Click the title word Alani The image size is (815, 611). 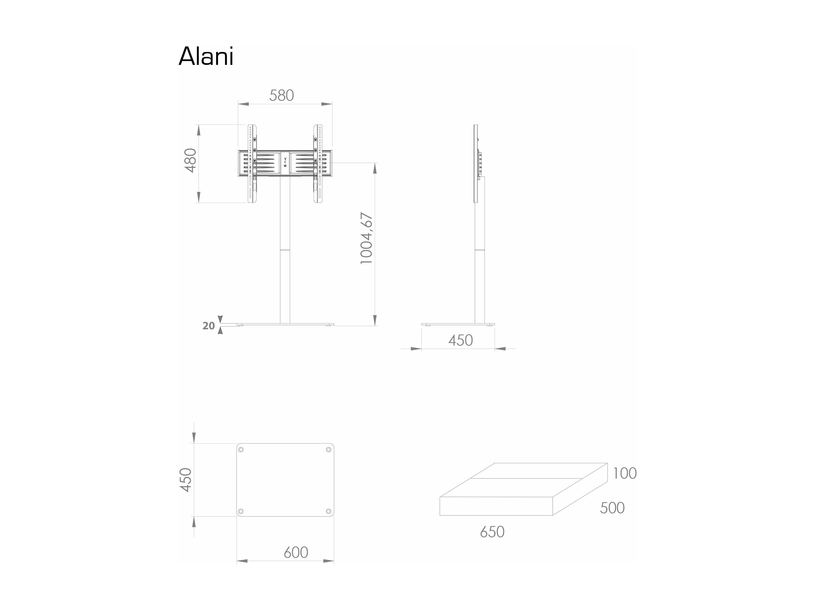click(206, 56)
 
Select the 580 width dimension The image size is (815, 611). click(282, 95)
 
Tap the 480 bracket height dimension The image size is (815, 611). click(191, 160)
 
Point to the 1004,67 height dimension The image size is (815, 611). click(366, 238)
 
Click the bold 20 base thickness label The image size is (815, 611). click(208, 326)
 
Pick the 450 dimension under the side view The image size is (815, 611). click(461, 340)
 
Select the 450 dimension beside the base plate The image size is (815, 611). click(186, 480)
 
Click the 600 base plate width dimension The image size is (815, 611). click(296, 552)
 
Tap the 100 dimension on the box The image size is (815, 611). click(624, 473)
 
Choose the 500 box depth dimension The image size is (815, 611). click(612, 508)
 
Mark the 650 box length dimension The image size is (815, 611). click(492, 532)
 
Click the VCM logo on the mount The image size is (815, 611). click(285, 162)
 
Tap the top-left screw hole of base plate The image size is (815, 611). click(241, 450)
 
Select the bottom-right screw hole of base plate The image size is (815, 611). click(329, 511)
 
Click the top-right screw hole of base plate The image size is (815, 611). click(329, 450)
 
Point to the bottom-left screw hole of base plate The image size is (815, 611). click(241, 511)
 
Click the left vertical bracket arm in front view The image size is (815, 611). click(252, 164)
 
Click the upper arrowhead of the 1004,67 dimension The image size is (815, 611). click(375, 168)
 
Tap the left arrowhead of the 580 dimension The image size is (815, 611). click(243, 104)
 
